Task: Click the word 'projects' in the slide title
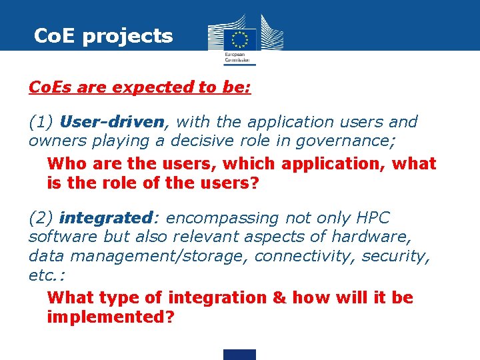127,36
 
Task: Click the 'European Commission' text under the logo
239,59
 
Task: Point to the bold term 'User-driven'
111,122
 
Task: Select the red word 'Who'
67,164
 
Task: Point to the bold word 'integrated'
105,218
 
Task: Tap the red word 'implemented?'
111,317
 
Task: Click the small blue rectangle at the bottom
239,355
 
